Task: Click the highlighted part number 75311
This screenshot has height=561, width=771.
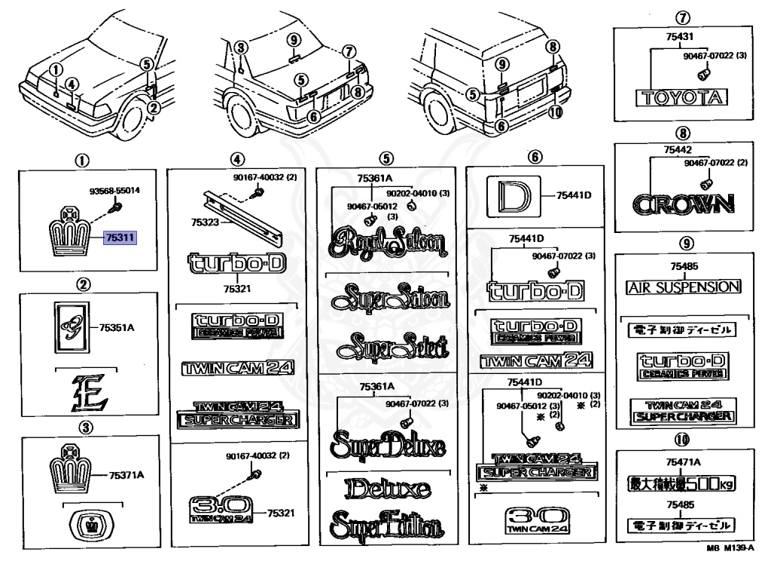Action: pyautogui.click(x=119, y=238)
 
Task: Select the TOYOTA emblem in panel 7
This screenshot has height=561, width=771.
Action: pyautogui.click(x=681, y=97)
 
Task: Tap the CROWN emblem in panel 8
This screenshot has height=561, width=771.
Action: pyautogui.click(x=682, y=204)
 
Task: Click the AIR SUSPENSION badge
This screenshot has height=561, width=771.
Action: pyautogui.click(x=684, y=287)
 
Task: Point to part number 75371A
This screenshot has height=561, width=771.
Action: pyautogui.click(x=126, y=475)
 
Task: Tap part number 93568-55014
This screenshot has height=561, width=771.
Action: pyautogui.click(x=108, y=191)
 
